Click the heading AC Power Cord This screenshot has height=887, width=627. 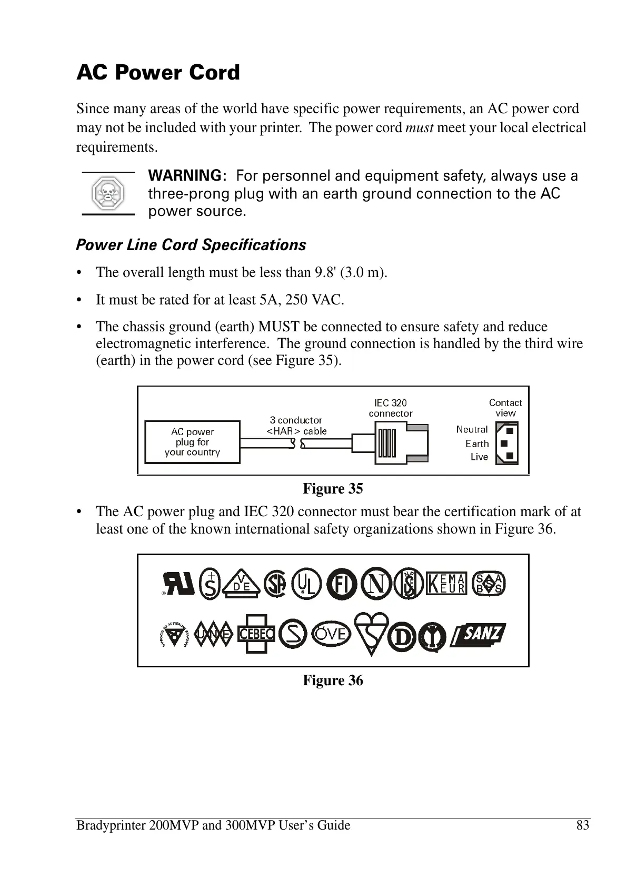tap(158, 73)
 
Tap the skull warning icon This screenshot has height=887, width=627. tap(108, 193)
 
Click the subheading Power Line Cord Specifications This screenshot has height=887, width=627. tap(191, 245)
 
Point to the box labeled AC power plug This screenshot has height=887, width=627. tap(192, 442)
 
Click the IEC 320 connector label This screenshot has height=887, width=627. tap(391, 408)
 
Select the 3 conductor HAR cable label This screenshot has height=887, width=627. tap(296, 426)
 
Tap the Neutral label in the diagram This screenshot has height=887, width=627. tap(472, 429)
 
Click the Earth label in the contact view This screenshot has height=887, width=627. tap(477, 443)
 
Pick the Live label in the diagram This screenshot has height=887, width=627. tap(479, 457)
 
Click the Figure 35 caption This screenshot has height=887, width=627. tap(333, 489)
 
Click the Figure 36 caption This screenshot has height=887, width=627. tap(333, 681)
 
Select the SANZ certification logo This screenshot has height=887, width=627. tap(478, 634)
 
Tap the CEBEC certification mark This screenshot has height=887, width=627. tap(256, 634)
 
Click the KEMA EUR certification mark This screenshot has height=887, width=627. tap(446, 583)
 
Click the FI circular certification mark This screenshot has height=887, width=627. tap(342, 584)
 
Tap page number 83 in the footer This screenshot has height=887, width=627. tap(583, 825)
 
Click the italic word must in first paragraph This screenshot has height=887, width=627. tap(419, 128)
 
